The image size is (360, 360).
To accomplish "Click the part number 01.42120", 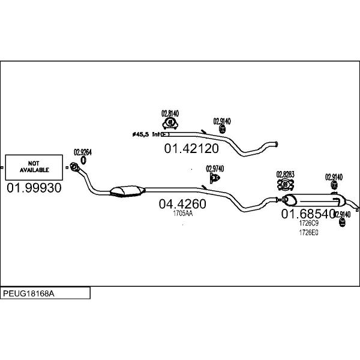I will tap(191, 148).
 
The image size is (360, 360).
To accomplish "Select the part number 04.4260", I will tap(182, 203).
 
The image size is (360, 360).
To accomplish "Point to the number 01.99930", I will tap(34, 188).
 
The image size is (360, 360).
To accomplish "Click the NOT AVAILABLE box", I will tap(34, 167).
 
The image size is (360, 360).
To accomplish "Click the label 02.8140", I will tap(170, 113).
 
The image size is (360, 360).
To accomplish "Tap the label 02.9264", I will tap(82, 152).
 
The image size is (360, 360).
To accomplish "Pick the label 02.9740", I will tap(214, 169).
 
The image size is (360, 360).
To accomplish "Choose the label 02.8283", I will tap(285, 175).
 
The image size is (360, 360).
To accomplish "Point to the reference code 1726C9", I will tap(308, 223).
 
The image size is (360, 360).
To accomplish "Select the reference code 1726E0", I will tap(308, 232).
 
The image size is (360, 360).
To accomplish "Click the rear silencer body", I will tap(318, 200).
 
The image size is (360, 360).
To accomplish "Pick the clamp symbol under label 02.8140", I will tap(170, 123).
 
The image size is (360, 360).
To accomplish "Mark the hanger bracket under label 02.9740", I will tap(214, 178).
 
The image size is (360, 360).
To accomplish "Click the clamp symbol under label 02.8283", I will tap(285, 184).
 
